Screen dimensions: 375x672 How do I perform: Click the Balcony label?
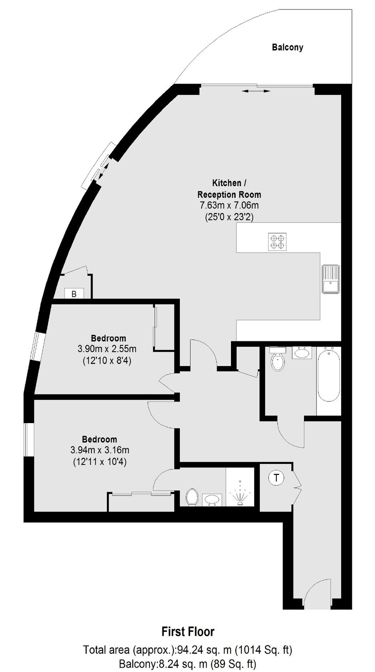click(x=287, y=47)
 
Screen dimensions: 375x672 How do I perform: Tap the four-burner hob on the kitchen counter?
click(x=277, y=242)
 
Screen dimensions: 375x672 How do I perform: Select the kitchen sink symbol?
click(x=331, y=279)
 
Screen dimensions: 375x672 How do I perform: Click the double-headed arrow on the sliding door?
click(x=256, y=91)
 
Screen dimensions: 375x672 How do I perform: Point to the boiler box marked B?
click(x=74, y=294)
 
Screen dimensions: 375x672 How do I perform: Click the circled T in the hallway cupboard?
click(x=276, y=477)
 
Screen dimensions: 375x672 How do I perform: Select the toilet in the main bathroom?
click(x=278, y=359)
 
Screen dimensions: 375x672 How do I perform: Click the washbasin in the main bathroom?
click(x=302, y=352)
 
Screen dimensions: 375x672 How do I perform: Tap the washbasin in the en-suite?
click(x=212, y=500)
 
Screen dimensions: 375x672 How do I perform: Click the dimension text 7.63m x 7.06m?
click(x=229, y=206)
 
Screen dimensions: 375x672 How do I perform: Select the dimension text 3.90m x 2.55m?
click(x=107, y=349)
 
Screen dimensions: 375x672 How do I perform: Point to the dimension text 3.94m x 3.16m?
click(x=100, y=450)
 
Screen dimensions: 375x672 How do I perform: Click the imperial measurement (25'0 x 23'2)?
click(x=229, y=217)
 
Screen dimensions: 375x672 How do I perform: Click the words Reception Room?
click(x=229, y=195)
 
